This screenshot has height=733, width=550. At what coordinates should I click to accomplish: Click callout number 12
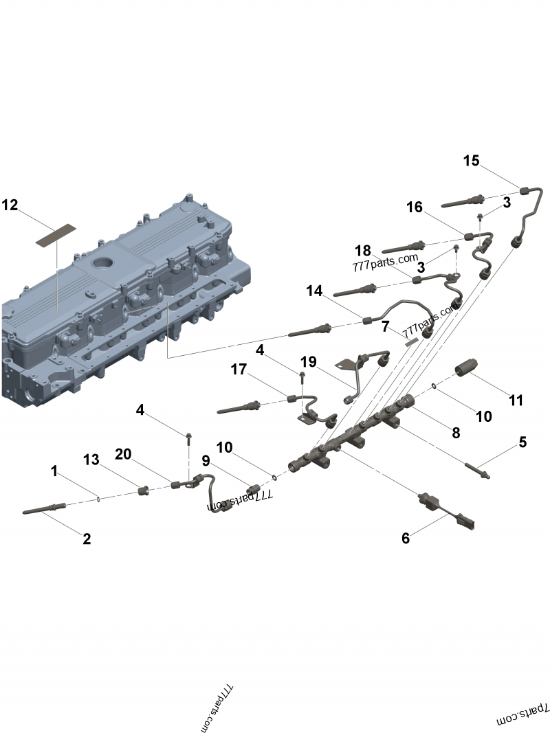click(x=10, y=205)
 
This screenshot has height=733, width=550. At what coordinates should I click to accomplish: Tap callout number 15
click(x=471, y=161)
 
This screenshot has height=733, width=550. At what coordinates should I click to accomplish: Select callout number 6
click(x=406, y=539)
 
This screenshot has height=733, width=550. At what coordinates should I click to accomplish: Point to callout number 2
click(x=87, y=539)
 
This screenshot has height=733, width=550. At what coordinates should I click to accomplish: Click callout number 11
click(x=516, y=400)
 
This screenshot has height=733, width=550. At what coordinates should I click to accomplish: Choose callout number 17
click(x=239, y=370)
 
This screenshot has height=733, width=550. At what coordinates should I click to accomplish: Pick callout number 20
click(x=123, y=454)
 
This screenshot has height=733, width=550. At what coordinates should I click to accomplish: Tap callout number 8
click(x=456, y=433)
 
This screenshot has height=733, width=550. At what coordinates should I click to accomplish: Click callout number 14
click(x=314, y=291)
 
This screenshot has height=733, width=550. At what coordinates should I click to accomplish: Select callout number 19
click(x=307, y=361)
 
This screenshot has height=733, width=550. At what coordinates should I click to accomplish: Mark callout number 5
click(x=522, y=442)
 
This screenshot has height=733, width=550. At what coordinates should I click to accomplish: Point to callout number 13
click(x=91, y=458)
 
